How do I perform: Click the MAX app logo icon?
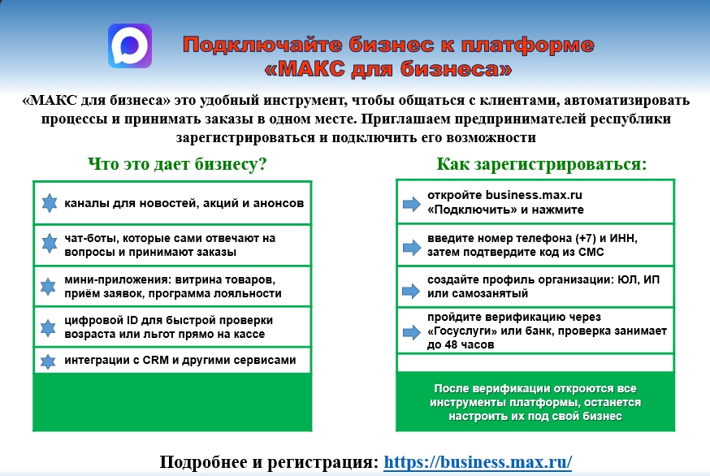(x=130, y=45)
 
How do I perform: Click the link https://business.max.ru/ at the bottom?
(x=478, y=462)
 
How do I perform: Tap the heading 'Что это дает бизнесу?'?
(x=177, y=164)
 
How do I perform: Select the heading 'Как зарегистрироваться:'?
(x=542, y=164)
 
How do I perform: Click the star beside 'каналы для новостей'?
(x=50, y=203)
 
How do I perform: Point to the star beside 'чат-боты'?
(x=50, y=244)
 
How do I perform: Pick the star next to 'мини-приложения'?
(x=48, y=286)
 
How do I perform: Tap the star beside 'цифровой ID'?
(x=48, y=327)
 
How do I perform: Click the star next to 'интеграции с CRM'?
(x=48, y=361)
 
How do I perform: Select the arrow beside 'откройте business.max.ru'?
(x=412, y=203)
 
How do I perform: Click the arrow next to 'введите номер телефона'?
(x=412, y=247)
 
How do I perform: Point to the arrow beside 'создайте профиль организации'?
(x=412, y=290)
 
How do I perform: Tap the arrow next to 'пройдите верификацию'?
(x=412, y=332)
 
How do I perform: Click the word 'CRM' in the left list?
(x=156, y=360)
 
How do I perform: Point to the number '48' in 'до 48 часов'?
(x=451, y=344)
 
